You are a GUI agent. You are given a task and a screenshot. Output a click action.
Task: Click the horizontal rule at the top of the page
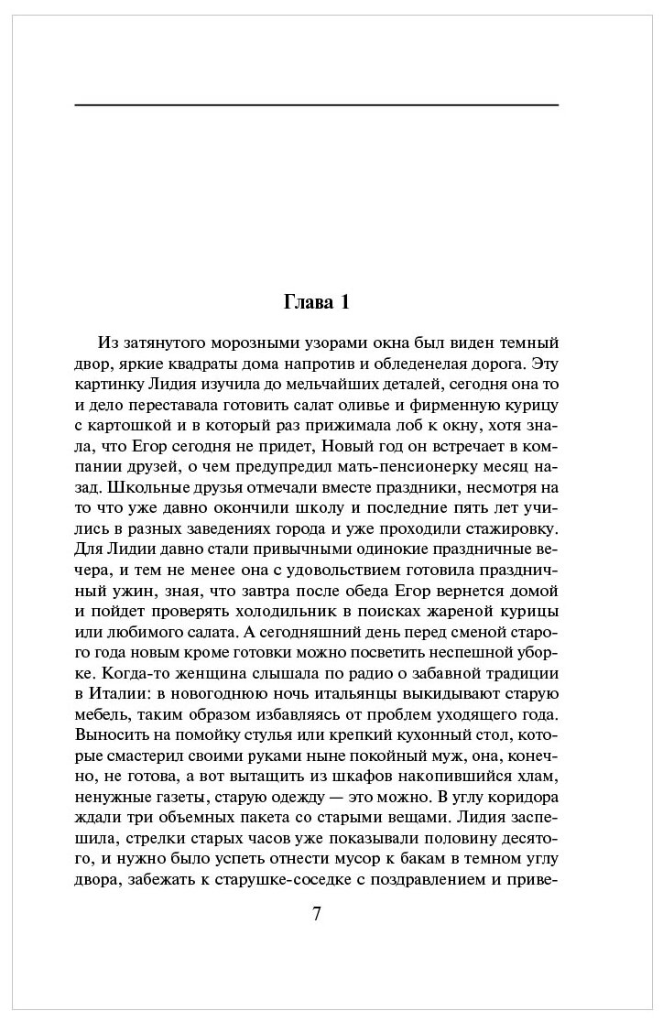(x=316, y=106)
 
